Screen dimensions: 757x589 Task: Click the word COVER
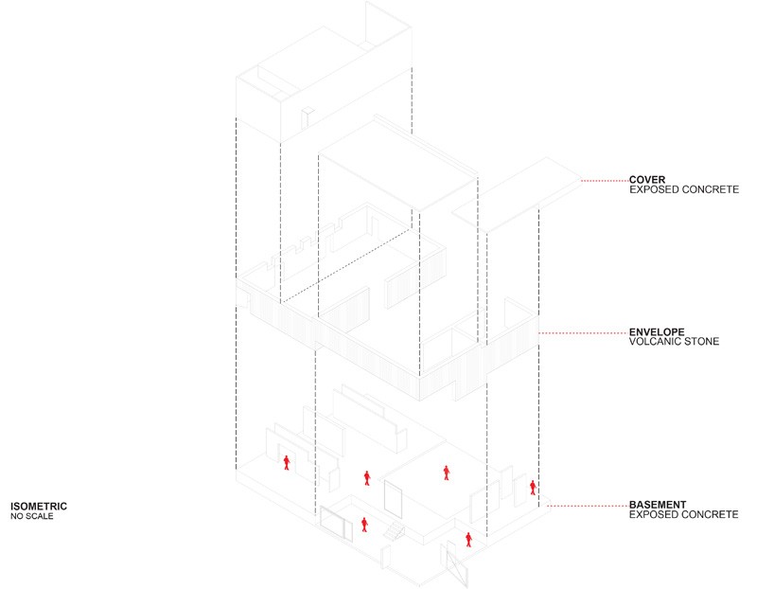[647, 180]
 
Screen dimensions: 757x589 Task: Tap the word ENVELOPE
[657, 332]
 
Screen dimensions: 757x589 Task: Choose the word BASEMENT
[658, 505]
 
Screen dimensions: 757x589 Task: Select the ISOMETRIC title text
[39, 507]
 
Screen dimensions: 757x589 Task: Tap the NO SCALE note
[32, 516]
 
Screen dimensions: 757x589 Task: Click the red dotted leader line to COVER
[605, 181]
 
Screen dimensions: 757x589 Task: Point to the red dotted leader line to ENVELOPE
[584, 333]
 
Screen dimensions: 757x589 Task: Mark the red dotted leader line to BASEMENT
[588, 506]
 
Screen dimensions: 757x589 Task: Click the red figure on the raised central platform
[447, 473]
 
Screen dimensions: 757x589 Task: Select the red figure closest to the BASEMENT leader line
[533, 488]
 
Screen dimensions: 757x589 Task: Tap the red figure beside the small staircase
[364, 525]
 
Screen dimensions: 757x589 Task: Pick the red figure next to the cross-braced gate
[468, 539]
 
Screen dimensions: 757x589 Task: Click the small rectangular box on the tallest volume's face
[308, 118]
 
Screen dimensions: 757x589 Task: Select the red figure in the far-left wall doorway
[287, 462]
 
